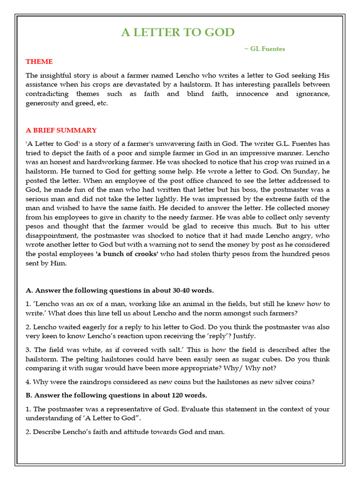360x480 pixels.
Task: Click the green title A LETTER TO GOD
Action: click(178, 32)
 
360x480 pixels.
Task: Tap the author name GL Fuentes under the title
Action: click(265, 49)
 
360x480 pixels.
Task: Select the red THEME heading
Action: click(39, 61)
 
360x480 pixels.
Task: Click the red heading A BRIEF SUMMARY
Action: click(61, 130)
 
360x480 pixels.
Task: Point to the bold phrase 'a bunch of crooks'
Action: click(127, 254)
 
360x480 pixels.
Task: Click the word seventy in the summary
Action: click(317, 217)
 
